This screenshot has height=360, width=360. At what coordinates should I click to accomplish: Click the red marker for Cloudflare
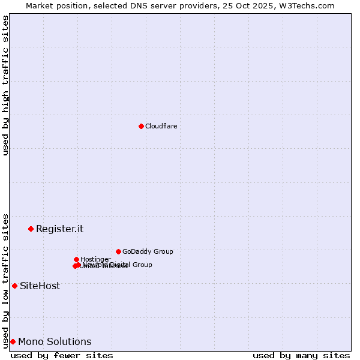pos(141,126)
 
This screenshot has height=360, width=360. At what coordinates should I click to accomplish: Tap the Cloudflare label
pos(161,126)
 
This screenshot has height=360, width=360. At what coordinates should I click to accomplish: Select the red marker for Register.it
pos(31,229)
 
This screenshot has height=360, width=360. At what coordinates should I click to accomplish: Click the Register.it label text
pos(59,229)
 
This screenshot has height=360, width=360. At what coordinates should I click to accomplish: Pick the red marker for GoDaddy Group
pos(118,251)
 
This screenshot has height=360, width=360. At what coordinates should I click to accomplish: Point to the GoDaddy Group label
pos(148,251)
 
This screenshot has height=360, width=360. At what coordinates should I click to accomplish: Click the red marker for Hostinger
pos(76,259)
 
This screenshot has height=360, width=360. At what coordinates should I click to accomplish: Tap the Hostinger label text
pos(95,259)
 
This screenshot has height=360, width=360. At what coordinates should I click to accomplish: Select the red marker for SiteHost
pos(14,286)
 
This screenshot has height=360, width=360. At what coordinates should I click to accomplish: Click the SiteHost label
pos(40,286)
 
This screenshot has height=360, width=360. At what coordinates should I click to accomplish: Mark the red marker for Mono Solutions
pos(13,341)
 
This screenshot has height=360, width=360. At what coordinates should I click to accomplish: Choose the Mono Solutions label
pos(55,341)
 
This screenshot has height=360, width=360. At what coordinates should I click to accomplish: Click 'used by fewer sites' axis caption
pos(62,355)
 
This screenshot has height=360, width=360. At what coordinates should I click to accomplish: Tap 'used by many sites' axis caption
pos(301,355)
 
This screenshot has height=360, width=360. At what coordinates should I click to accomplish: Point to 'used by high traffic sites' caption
pos(5,85)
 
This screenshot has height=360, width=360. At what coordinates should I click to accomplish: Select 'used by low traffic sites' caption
pos(5,280)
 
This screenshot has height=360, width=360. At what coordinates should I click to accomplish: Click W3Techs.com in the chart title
pos(309,5)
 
